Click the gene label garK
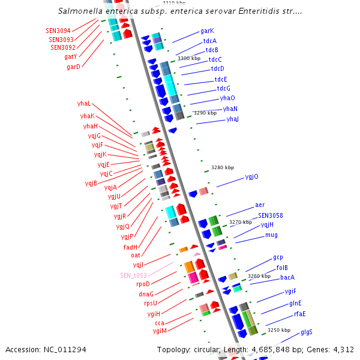pos(207,31)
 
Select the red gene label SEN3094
pos(58,31)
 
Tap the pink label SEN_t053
pos(133,275)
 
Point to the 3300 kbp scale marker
pos(188,58)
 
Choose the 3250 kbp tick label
pos(278,330)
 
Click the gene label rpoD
pos(143,284)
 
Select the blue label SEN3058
pos(271,215)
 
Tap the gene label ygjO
pos(251,176)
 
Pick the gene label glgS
pos(307,332)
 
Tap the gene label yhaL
pos(84,103)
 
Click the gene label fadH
pos(131,247)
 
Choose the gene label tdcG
pos(223,88)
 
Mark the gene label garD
pos(73,67)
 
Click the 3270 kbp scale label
pos(240,222)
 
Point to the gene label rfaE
pos(299,314)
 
